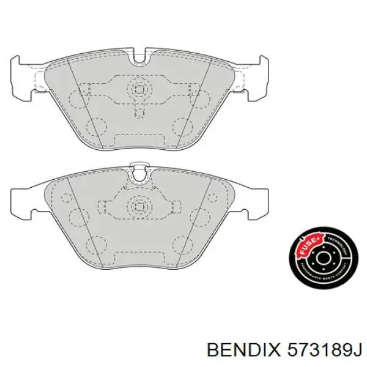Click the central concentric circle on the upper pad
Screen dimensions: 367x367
(140, 89)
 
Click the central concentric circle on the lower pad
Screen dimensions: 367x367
(140, 205)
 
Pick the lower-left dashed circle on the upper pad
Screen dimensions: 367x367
(97, 128)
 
